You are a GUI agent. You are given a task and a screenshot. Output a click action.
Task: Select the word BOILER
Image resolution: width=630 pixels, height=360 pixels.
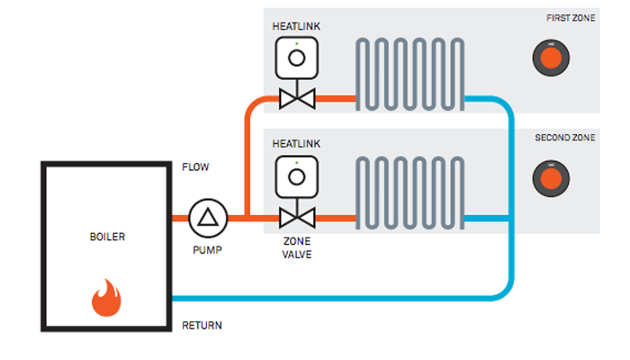coord(107,238)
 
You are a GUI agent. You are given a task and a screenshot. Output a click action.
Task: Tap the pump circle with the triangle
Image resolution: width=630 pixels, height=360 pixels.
coord(209,217)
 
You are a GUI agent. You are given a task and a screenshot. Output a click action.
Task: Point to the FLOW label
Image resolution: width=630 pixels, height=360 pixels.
coord(195,167)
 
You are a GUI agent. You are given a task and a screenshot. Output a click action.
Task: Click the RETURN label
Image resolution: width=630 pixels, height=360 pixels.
coord(202,325)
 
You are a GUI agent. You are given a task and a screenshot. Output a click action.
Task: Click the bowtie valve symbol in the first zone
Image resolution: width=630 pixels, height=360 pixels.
coord(295,97)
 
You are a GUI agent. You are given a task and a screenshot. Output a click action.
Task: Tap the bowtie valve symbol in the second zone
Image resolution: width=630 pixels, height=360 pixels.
coord(295,217)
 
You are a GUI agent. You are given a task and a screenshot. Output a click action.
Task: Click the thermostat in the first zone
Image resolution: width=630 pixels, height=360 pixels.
coord(550,58)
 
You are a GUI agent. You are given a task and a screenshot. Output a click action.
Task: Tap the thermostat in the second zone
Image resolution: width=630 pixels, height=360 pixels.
coord(550,178)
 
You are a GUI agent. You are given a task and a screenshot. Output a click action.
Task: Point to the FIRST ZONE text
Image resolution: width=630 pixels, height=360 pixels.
coord(571,19)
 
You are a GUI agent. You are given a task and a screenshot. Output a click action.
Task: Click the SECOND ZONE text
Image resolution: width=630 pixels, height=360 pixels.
coord(564,138)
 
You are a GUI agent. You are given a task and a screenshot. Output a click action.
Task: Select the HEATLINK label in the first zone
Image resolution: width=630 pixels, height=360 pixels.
coord(296,26)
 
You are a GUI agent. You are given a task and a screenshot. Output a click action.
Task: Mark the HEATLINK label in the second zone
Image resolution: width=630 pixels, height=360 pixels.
coord(296,144)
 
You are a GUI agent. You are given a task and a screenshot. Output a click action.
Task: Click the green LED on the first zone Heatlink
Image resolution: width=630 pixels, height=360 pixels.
coord(295,41)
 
